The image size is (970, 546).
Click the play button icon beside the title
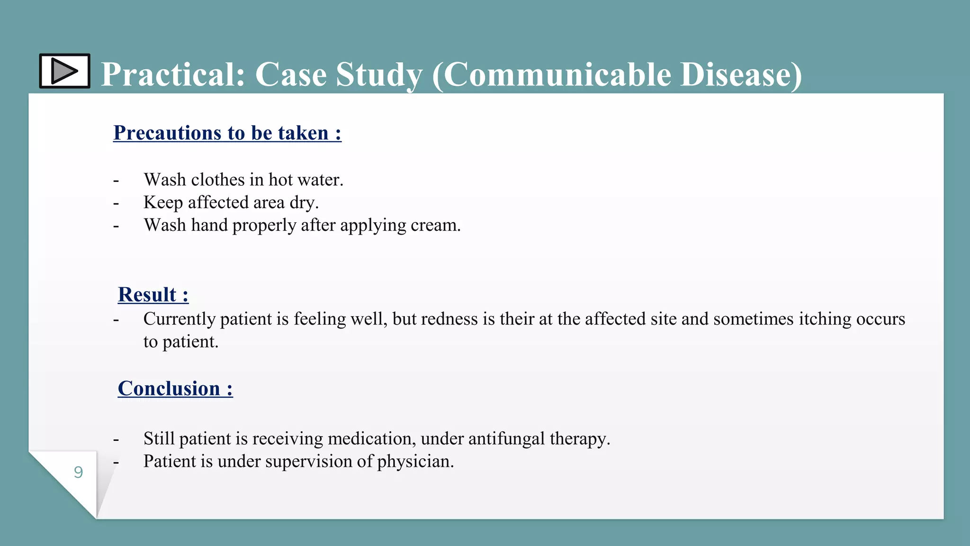click(64, 71)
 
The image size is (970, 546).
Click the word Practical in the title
click(173, 74)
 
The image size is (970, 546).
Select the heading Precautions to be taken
click(227, 133)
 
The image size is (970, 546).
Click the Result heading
click(153, 294)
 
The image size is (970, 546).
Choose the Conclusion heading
click(175, 388)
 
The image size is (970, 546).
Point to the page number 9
click(79, 472)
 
